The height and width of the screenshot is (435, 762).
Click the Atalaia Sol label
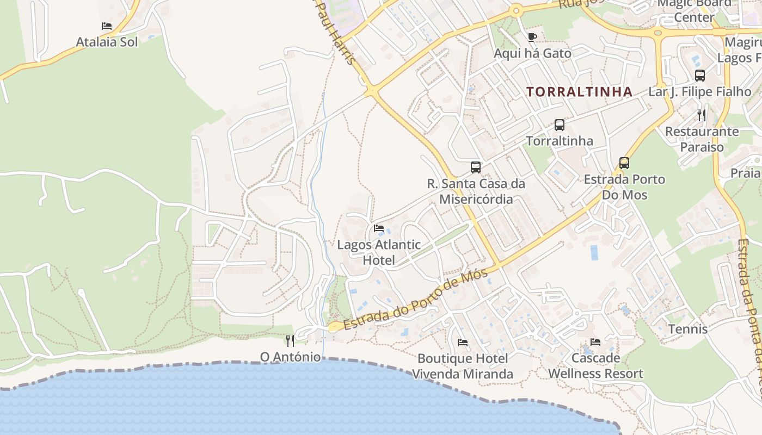[107, 42]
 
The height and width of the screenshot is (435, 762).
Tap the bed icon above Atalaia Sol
[107, 26]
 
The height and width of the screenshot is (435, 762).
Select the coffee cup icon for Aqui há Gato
[532, 37]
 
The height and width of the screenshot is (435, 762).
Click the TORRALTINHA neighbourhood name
[580, 92]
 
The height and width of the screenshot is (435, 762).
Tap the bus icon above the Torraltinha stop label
[559, 125]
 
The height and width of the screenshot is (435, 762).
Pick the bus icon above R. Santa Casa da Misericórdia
[476, 167]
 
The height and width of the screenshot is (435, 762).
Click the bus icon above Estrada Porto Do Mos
[624, 163]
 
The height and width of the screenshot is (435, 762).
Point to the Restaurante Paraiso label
[702, 139]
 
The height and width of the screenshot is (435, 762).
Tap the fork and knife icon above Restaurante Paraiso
[702, 115]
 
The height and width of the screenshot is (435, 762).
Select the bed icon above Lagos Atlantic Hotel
[379, 228]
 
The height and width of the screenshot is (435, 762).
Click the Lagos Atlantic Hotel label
[379, 252]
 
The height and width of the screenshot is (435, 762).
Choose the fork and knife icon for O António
[290, 341]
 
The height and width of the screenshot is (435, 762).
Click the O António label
[290, 357]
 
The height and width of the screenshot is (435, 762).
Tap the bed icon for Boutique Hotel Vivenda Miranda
[463, 343]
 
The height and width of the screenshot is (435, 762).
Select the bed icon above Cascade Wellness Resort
[595, 342]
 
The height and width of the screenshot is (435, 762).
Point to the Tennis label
[688, 329]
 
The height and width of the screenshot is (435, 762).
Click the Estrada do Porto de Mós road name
[414, 300]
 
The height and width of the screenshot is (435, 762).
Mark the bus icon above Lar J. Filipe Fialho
[700, 76]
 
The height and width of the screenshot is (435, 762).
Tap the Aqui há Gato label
[532, 53]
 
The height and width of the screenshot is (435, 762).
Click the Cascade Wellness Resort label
[595, 366]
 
